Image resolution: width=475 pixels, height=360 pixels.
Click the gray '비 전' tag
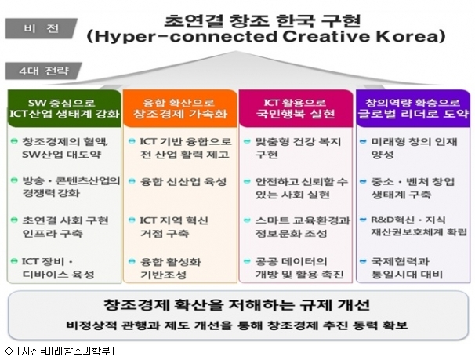click(41, 28)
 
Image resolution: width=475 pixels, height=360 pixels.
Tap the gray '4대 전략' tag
click(43, 71)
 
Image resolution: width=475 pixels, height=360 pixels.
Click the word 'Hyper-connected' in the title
click(186, 37)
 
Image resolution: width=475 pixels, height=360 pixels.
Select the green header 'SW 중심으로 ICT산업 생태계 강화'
click(64, 108)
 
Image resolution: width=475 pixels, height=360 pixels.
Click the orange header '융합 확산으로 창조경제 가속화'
click(180, 108)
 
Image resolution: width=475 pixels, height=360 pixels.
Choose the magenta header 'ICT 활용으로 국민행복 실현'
click(296, 108)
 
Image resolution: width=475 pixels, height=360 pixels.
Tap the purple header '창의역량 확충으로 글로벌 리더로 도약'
click(413, 108)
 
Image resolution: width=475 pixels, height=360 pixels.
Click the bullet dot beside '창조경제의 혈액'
click(14, 141)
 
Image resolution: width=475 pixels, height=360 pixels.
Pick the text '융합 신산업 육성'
click(183, 181)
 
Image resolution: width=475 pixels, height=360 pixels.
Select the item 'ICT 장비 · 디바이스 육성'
click(58, 268)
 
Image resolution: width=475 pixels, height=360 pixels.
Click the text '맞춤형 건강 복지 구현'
click(298, 148)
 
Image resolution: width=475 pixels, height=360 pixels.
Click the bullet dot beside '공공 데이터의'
click(247, 261)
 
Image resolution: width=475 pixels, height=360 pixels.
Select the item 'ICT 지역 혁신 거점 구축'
click(174, 227)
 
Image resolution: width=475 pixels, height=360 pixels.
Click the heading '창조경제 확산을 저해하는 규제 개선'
click(237, 304)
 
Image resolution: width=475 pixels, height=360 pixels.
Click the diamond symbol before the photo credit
click(9, 351)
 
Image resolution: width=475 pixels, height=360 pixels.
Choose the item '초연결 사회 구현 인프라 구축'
click(65, 227)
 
